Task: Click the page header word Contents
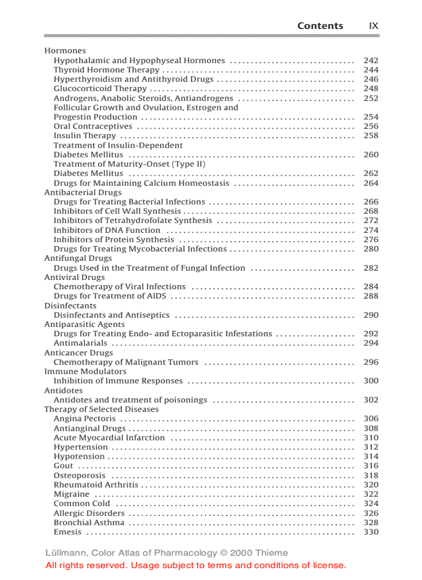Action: coord(320,26)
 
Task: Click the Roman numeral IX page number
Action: coord(373,26)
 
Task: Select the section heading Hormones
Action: coord(65,51)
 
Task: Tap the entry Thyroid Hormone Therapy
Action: coord(107,70)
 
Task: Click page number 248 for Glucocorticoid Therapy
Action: coord(371,89)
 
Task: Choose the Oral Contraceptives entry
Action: coord(93,127)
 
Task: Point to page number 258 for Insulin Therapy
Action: coord(371,136)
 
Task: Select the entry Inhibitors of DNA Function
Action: coord(107,230)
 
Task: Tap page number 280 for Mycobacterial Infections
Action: coord(371,249)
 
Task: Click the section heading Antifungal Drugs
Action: coord(78,258)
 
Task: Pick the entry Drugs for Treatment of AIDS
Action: coord(110,296)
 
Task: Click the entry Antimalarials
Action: coord(81,343)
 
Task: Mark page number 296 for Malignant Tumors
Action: coord(371,362)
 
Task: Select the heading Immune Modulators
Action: coord(85,371)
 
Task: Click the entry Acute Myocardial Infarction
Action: coord(109,437)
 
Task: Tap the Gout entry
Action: coord(64,466)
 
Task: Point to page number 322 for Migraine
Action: coord(371,494)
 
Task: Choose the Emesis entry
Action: coord(68,532)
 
